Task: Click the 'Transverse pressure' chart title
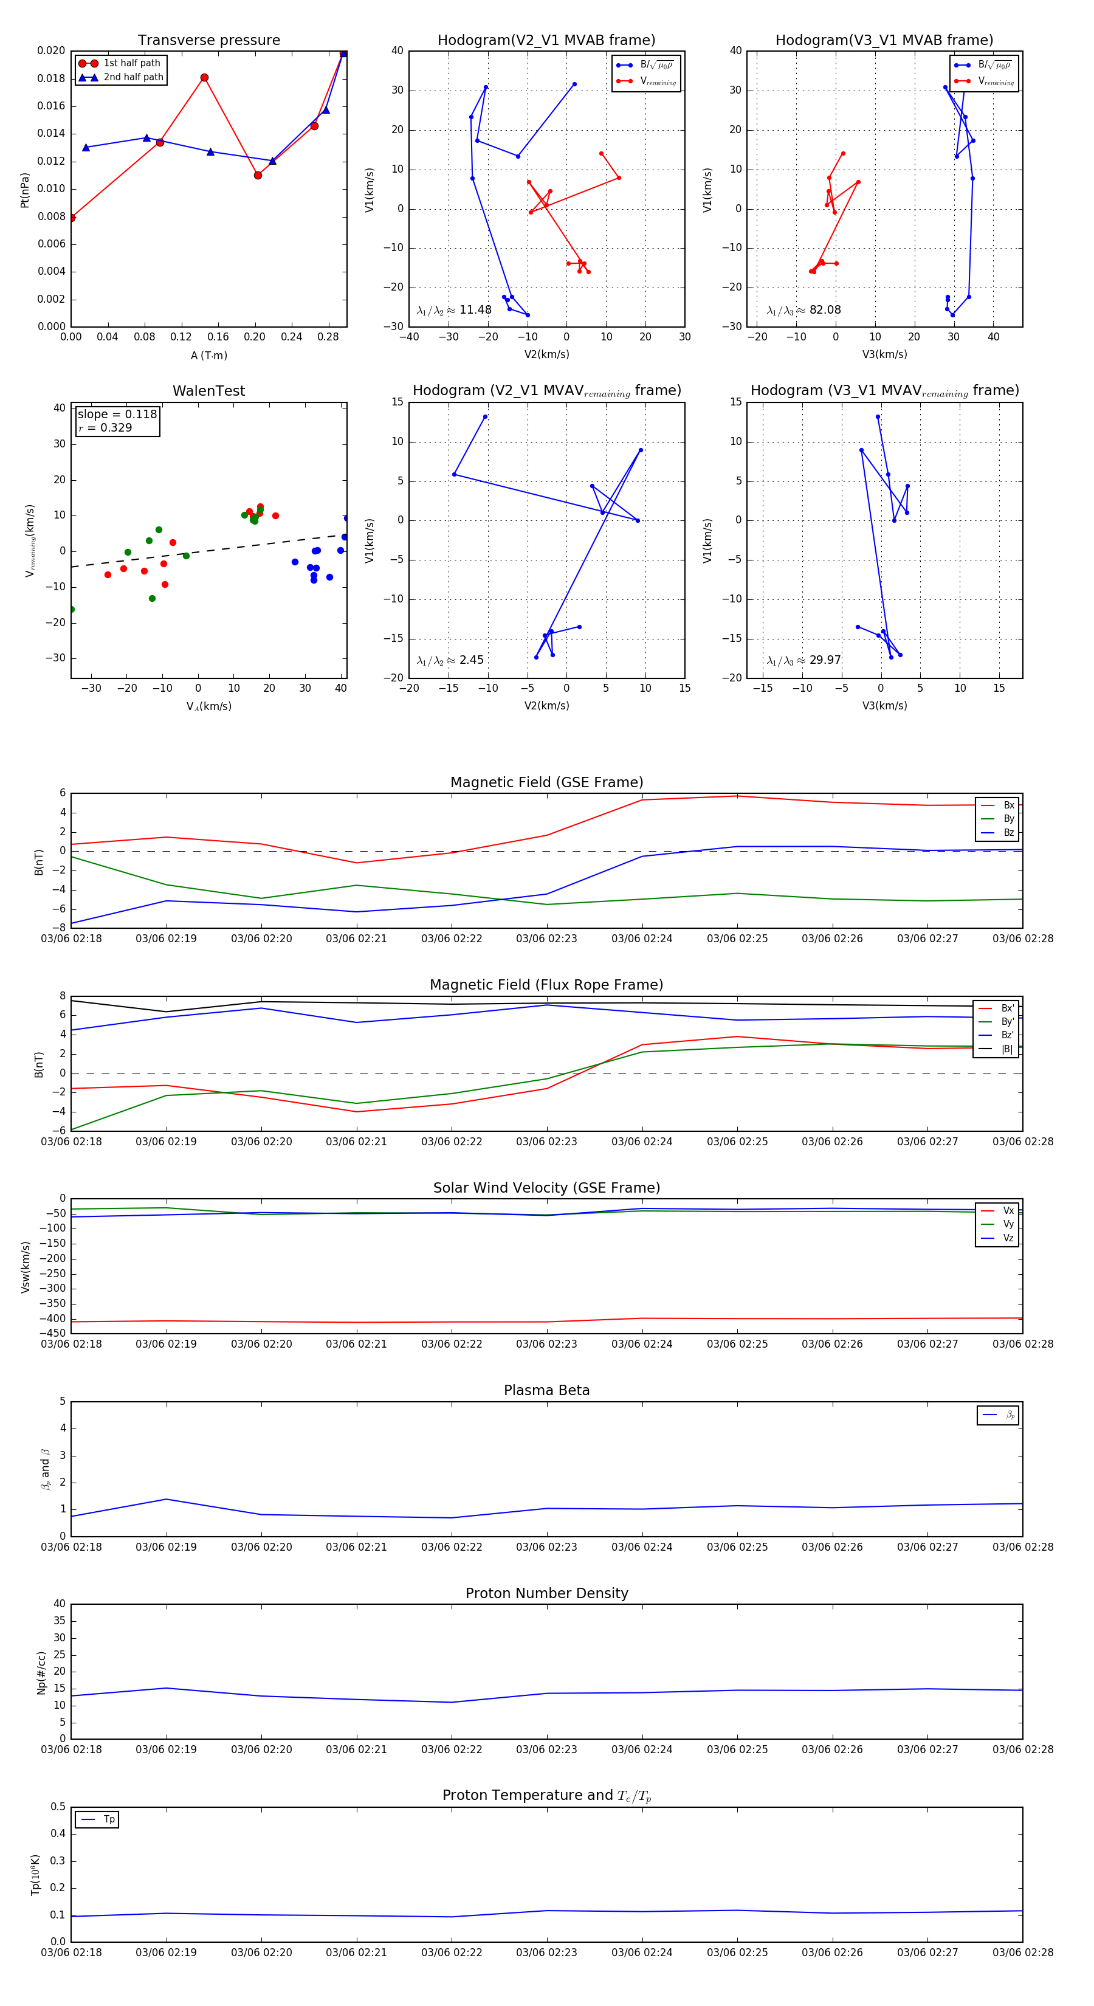point(208,41)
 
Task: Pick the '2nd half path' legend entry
point(133,77)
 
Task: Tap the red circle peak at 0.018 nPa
point(204,78)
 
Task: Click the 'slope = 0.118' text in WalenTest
point(117,415)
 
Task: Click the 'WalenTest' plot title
point(208,391)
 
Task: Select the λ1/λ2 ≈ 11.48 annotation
point(454,310)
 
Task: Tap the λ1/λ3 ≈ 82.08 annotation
point(803,310)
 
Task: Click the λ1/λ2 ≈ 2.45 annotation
point(450,660)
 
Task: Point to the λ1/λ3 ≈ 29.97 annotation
point(803,660)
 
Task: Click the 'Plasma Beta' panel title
point(546,1391)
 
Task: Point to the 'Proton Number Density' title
point(546,1593)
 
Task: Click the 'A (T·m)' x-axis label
point(208,356)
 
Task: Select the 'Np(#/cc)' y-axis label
point(42,1673)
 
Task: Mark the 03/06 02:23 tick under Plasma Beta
point(546,1547)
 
